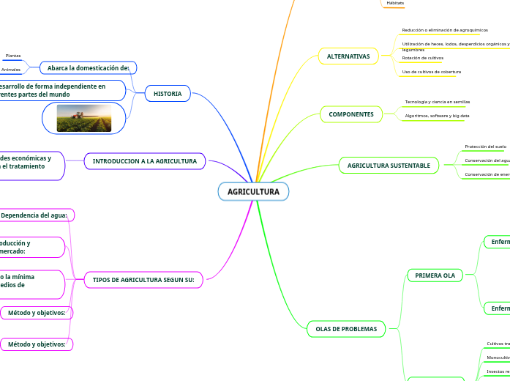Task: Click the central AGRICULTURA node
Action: click(253, 192)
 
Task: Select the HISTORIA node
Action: click(168, 94)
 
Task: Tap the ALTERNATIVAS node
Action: click(348, 56)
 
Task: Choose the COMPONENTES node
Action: click(351, 114)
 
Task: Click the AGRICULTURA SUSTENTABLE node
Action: click(389, 166)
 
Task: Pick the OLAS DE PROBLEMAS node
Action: click(346, 329)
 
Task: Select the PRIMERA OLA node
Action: click(435, 275)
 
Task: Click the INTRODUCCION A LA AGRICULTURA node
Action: click(145, 161)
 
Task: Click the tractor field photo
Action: click(84, 118)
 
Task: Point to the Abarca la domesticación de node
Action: click(88, 68)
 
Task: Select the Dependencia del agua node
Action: click(34, 215)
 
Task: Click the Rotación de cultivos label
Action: click(423, 58)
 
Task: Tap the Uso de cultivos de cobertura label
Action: click(431, 72)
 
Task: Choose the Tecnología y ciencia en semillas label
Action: click(438, 102)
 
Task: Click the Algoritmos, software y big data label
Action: click(437, 116)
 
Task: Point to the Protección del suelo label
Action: click(485, 147)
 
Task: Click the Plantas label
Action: click(13, 56)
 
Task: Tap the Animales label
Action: click(11, 70)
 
